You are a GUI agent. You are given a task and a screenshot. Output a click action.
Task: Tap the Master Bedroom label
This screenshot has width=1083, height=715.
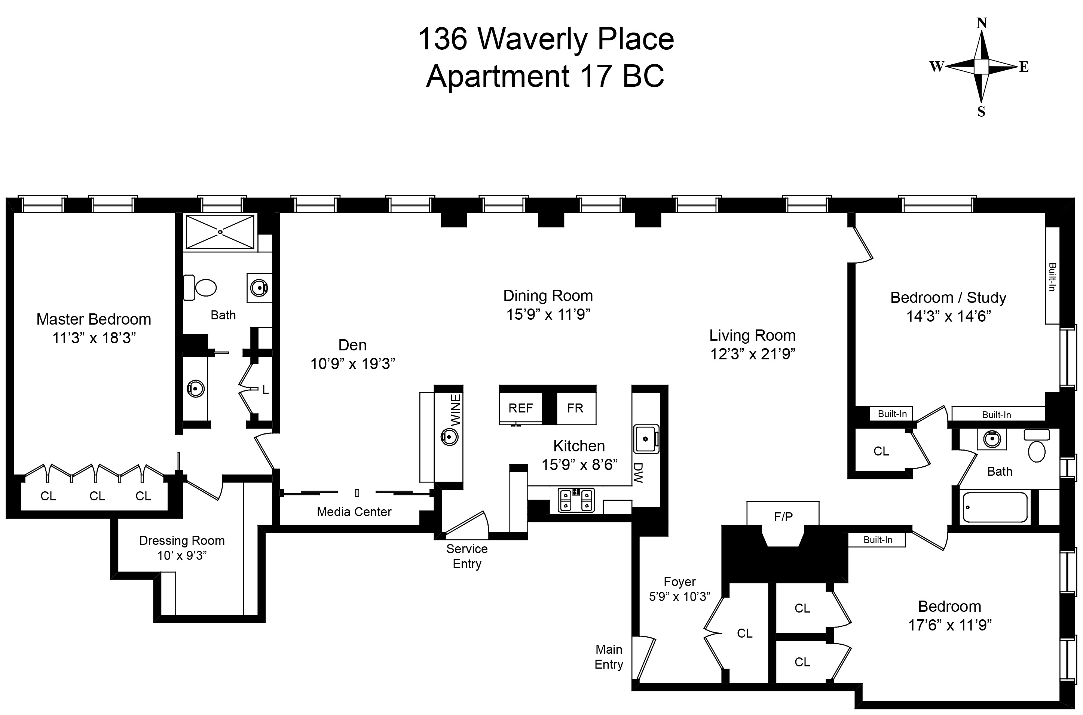tap(94, 319)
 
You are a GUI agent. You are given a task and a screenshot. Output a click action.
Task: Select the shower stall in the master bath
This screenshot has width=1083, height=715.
tap(220, 232)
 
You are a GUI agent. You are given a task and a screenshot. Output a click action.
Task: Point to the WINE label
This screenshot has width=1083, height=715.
tap(455, 409)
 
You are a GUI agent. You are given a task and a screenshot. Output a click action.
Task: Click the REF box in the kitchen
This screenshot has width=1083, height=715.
tap(520, 408)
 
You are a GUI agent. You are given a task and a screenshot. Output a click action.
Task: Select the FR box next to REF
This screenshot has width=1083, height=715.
tap(575, 408)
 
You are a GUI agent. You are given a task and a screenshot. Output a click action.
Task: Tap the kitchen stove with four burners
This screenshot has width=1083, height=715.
tap(576, 500)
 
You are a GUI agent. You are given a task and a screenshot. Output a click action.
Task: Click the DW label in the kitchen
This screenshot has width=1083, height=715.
tap(638, 473)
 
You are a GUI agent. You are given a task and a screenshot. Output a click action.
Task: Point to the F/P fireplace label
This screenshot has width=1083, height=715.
tap(783, 517)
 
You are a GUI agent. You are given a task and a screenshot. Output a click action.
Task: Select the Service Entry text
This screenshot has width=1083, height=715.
tap(467, 556)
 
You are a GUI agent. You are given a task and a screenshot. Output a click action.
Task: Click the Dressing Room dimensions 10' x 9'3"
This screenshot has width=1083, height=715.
tap(181, 555)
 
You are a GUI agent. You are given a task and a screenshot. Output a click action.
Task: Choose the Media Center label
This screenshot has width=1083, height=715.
tap(354, 512)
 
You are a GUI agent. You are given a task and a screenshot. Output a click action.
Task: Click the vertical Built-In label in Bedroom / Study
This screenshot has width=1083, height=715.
tap(1052, 277)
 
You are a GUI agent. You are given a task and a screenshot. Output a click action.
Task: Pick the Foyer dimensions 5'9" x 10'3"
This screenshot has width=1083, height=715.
tap(679, 596)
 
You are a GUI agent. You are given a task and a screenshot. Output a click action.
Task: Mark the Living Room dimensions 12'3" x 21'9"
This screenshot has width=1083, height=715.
tap(752, 354)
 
